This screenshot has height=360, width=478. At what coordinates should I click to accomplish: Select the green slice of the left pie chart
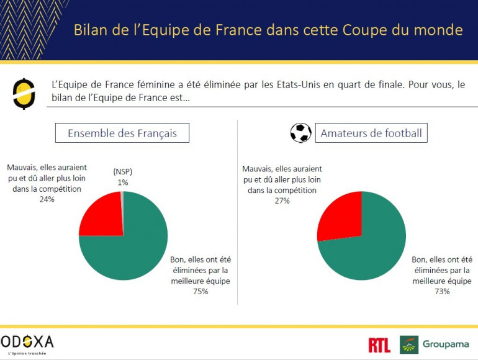133,248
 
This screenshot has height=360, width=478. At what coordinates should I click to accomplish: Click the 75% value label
199,291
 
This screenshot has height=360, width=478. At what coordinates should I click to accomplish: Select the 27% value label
281,200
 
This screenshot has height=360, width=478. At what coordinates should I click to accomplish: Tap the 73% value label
441,291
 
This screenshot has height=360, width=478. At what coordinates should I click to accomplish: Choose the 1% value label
123,182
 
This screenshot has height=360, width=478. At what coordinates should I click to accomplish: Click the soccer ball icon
301,133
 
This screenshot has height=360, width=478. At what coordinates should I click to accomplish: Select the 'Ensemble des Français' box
122,133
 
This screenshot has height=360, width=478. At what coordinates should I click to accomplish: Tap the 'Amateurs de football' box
371,133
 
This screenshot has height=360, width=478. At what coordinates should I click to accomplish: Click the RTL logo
379,345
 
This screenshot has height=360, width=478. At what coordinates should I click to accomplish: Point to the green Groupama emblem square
409,344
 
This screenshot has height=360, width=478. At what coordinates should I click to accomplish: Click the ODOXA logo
27,341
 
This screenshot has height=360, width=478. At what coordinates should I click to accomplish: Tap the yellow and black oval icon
24,94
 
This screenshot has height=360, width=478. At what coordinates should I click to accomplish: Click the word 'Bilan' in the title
92,29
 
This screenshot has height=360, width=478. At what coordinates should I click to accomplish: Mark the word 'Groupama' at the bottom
446,344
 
